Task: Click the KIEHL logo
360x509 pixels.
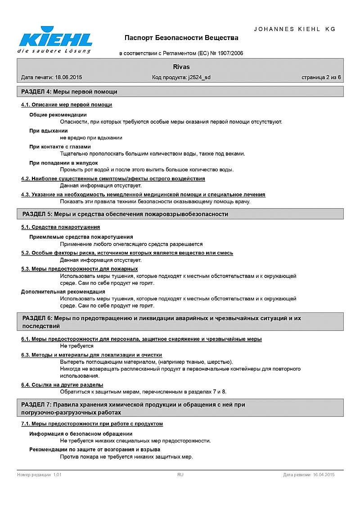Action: (x=54, y=40)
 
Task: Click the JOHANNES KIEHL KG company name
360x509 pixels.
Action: (x=295, y=29)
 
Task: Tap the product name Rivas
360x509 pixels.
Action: (x=181, y=67)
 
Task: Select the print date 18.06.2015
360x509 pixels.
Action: (x=68, y=77)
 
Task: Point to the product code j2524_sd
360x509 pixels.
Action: (x=199, y=77)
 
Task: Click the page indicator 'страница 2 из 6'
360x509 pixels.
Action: (x=321, y=77)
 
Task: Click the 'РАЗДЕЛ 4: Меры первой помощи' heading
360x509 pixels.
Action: (x=70, y=92)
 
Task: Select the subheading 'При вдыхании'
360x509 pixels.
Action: (x=49, y=131)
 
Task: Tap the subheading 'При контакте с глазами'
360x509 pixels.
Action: (x=60, y=147)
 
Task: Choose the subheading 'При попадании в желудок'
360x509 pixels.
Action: (x=63, y=163)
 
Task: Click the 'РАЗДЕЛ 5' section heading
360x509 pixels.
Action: (x=125, y=214)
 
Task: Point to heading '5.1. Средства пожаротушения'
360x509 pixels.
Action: (x=61, y=227)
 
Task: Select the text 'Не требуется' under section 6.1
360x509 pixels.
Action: (x=77, y=346)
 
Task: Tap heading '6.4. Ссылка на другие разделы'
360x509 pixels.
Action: (x=62, y=385)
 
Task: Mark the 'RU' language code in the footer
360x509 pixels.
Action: (x=180, y=475)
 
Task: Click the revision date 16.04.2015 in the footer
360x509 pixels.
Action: (x=324, y=475)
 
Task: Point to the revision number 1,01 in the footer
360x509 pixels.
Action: (x=57, y=475)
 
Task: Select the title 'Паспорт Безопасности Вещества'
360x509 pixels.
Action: (x=181, y=38)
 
